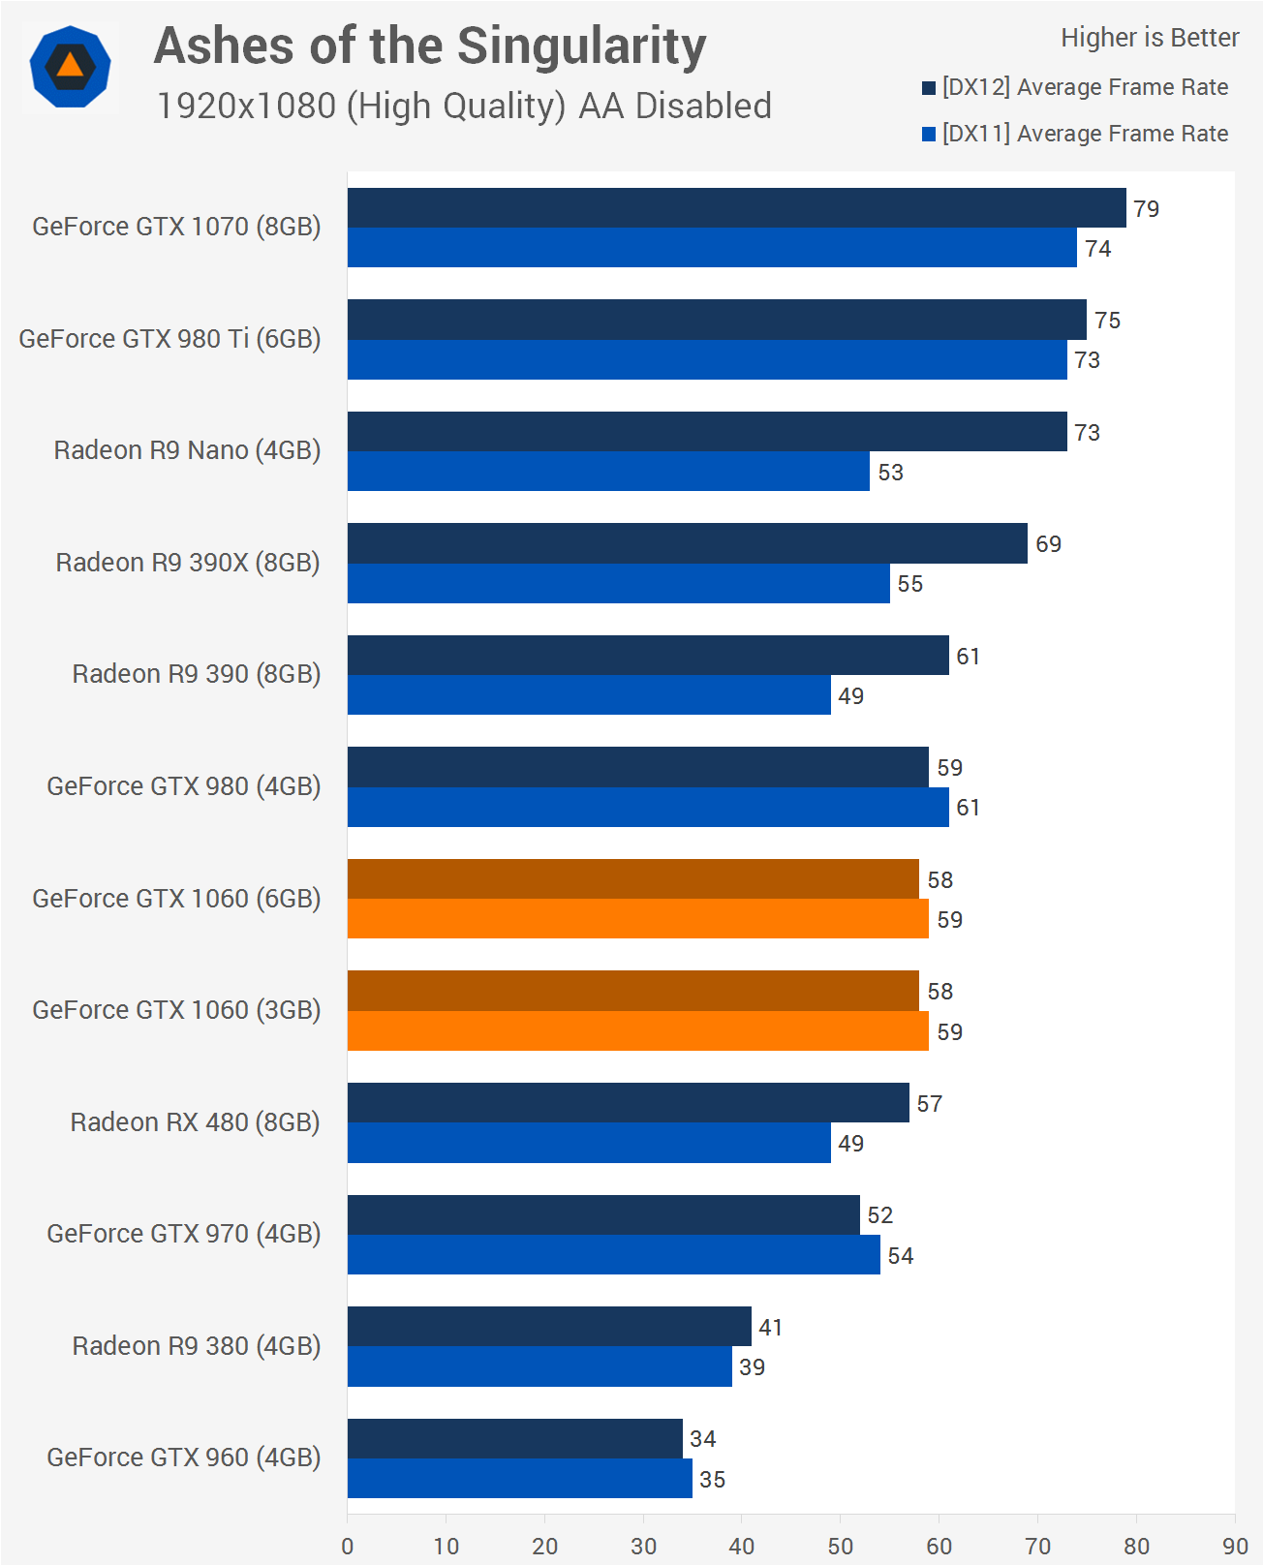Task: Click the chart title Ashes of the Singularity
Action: [430, 46]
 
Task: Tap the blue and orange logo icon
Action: [70, 68]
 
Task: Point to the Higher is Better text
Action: [1149, 38]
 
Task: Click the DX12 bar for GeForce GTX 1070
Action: [736, 208]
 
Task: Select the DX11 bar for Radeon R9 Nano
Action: [608, 472]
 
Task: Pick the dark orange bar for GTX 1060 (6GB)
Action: [632, 879]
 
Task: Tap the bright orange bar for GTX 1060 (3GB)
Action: [637, 1031]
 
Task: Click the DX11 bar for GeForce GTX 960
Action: [519, 1479]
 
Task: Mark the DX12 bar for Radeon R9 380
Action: [549, 1327]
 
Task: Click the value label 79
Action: [1146, 209]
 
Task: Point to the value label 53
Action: [890, 473]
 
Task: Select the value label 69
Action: [1048, 544]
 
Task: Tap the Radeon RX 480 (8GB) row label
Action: [195, 1122]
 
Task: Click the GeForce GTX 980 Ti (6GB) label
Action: [169, 339]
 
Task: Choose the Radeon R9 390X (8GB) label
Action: [188, 563]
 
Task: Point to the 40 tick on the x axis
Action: [741, 1546]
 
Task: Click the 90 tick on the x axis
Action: [1234, 1546]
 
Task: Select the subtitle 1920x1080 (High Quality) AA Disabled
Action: [464, 107]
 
